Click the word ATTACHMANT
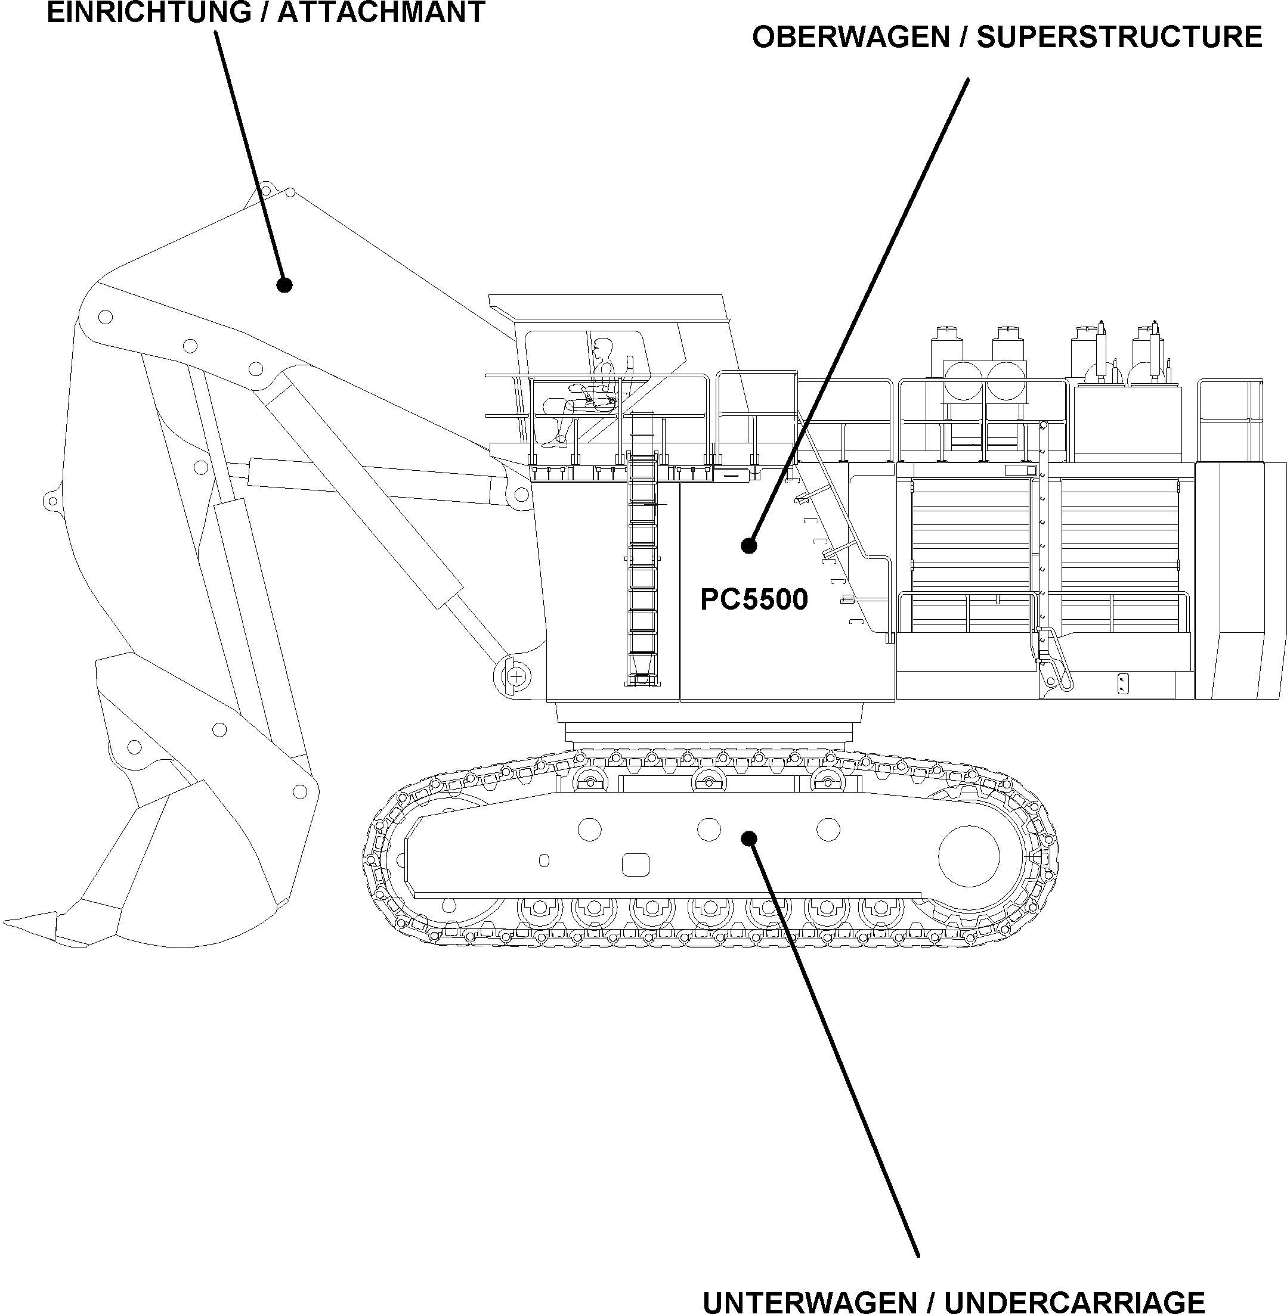(381, 12)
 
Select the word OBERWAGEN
(851, 37)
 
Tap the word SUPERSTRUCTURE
(1119, 37)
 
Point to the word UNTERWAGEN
(811, 1301)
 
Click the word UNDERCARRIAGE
(1075, 1301)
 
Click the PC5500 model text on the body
(754, 599)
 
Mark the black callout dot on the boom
(284, 285)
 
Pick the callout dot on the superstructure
(748, 545)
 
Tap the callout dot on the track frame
(748, 838)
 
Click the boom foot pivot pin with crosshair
(516, 676)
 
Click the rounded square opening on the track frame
(635, 865)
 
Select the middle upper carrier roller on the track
(709, 781)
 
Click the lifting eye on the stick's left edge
(51, 501)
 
